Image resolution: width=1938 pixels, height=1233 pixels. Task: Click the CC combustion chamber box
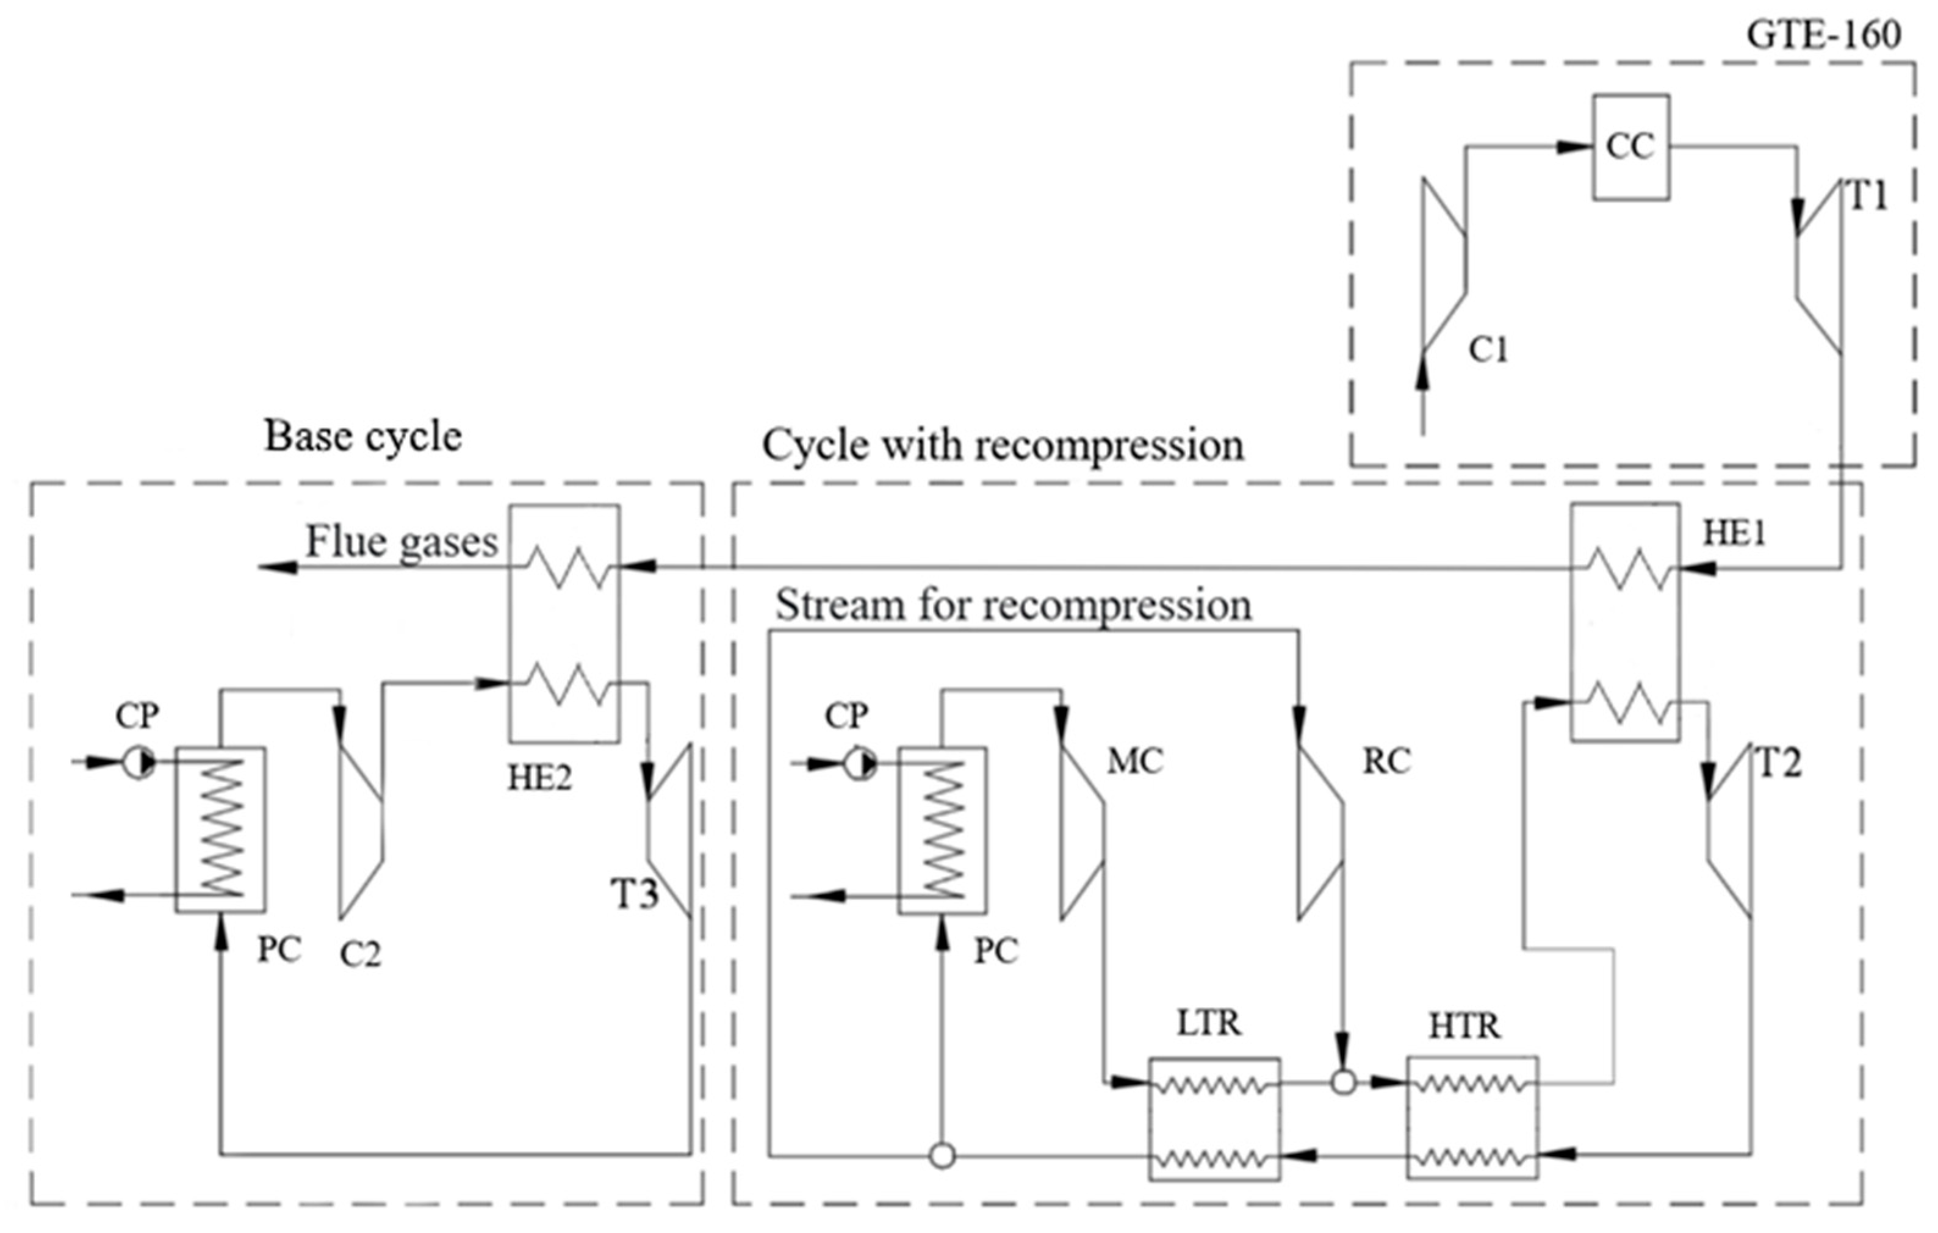coord(1630,147)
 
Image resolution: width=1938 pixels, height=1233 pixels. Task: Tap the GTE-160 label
coord(1823,35)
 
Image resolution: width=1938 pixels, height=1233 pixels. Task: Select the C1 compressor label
coord(1488,350)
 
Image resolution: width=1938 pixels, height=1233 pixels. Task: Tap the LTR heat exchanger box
coord(1214,1120)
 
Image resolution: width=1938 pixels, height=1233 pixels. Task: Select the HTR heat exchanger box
coord(1472,1119)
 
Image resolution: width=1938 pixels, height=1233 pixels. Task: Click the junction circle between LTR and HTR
coord(1343,1082)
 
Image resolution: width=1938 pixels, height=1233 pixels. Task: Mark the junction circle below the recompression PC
coord(942,1157)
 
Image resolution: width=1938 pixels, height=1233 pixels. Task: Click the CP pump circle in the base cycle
coord(139,763)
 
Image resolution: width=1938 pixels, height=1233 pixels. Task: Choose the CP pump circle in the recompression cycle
coord(860,763)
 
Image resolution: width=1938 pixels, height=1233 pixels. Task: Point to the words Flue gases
coord(401,542)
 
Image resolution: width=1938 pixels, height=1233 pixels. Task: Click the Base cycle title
coord(363,437)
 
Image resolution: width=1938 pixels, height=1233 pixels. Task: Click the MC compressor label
coord(1135,761)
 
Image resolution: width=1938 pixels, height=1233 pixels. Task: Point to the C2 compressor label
coord(360,955)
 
